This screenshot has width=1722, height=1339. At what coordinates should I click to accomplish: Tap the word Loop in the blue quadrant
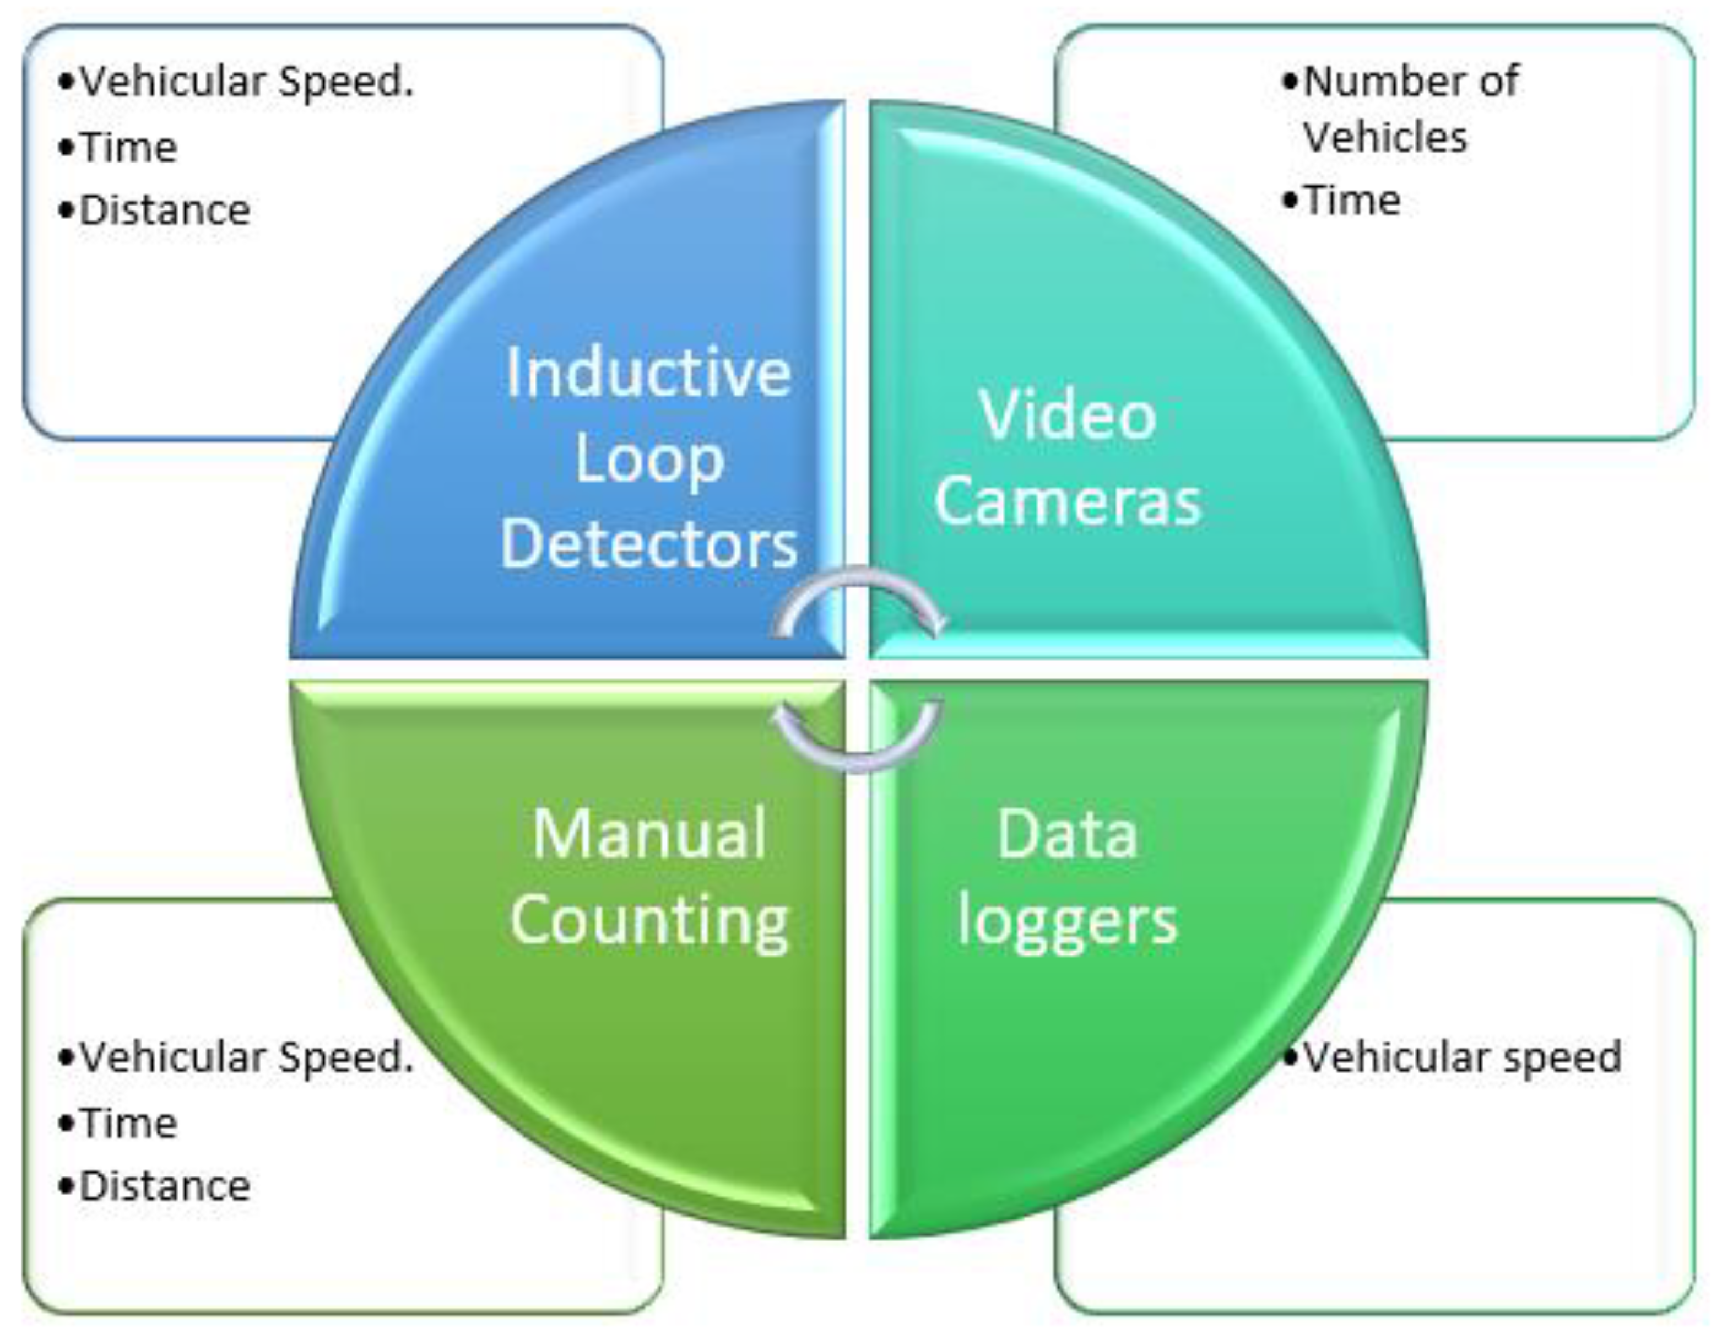(x=648, y=461)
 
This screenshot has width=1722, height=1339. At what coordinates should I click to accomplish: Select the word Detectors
(x=648, y=545)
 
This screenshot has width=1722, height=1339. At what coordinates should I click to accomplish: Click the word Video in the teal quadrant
(x=1068, y=415)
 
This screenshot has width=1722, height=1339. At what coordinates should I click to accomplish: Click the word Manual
(x=648, y=834)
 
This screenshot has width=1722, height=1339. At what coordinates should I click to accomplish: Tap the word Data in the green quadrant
(x=1068, y=834)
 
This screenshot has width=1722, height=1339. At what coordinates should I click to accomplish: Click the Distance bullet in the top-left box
(x=164, y=210)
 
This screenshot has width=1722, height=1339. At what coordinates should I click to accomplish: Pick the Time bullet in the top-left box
(x=128, y=148)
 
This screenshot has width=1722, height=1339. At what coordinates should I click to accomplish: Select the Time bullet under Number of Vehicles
(x=1351, y=200)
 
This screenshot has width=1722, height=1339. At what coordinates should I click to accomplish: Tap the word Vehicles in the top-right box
(x=1384, y=137)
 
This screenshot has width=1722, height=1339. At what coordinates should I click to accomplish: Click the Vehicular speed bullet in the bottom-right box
(x=1461, y=1057)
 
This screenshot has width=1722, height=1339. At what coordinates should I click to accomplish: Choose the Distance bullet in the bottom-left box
(x=164, y=1186)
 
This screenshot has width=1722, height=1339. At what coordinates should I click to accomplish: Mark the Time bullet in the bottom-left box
(x=128, y=1123)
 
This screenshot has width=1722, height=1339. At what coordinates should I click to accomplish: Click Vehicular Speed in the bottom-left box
(x=246, y=1057)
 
